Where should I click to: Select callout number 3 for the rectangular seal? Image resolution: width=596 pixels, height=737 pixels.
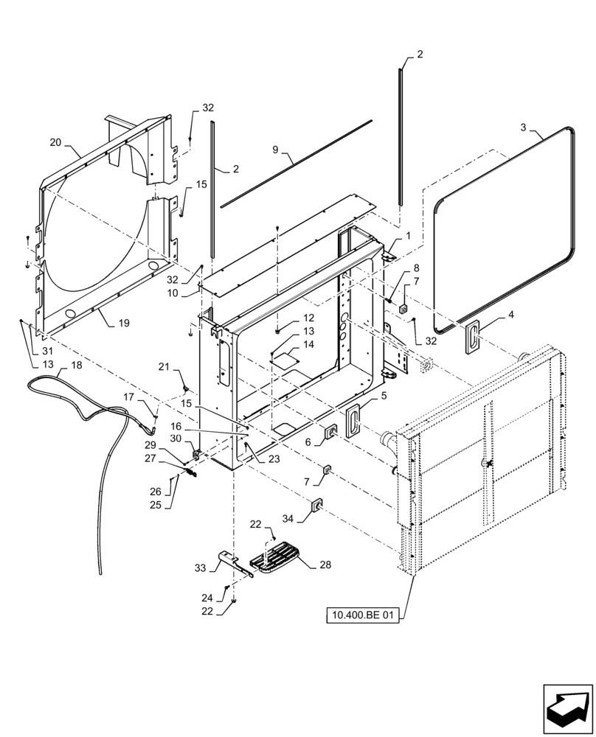coord(523,128)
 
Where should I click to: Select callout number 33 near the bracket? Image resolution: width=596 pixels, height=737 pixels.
coord(199,568)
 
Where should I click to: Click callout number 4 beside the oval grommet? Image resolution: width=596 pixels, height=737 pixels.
coord(511,315)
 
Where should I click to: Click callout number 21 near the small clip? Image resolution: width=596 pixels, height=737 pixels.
coord(164,366)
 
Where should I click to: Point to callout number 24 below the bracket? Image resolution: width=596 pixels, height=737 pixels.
coord(208,597)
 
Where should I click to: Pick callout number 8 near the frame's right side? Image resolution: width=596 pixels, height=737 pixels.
coord(416,268)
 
